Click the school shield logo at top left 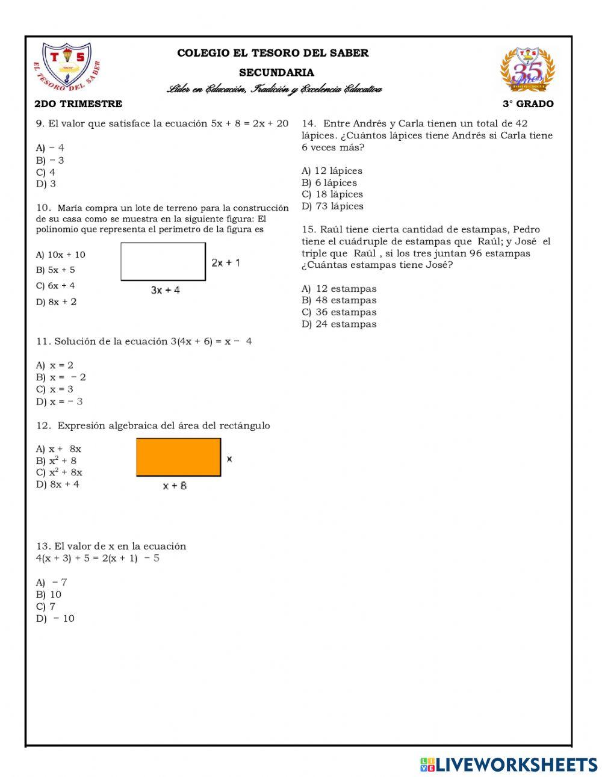66,67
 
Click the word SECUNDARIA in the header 276,73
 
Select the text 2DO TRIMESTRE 78,104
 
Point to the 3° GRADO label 528,104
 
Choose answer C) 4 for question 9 46,172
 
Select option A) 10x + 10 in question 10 61,255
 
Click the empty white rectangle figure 163,261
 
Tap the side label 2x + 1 226,262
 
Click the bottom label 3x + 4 165,290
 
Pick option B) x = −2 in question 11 61,377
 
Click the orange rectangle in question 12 178,457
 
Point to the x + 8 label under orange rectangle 175,486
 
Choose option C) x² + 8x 59,472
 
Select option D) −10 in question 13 55,619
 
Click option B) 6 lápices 329,183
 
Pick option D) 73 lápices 332,206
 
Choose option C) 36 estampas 339,312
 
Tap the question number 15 308,229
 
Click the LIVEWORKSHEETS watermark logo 509,764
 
